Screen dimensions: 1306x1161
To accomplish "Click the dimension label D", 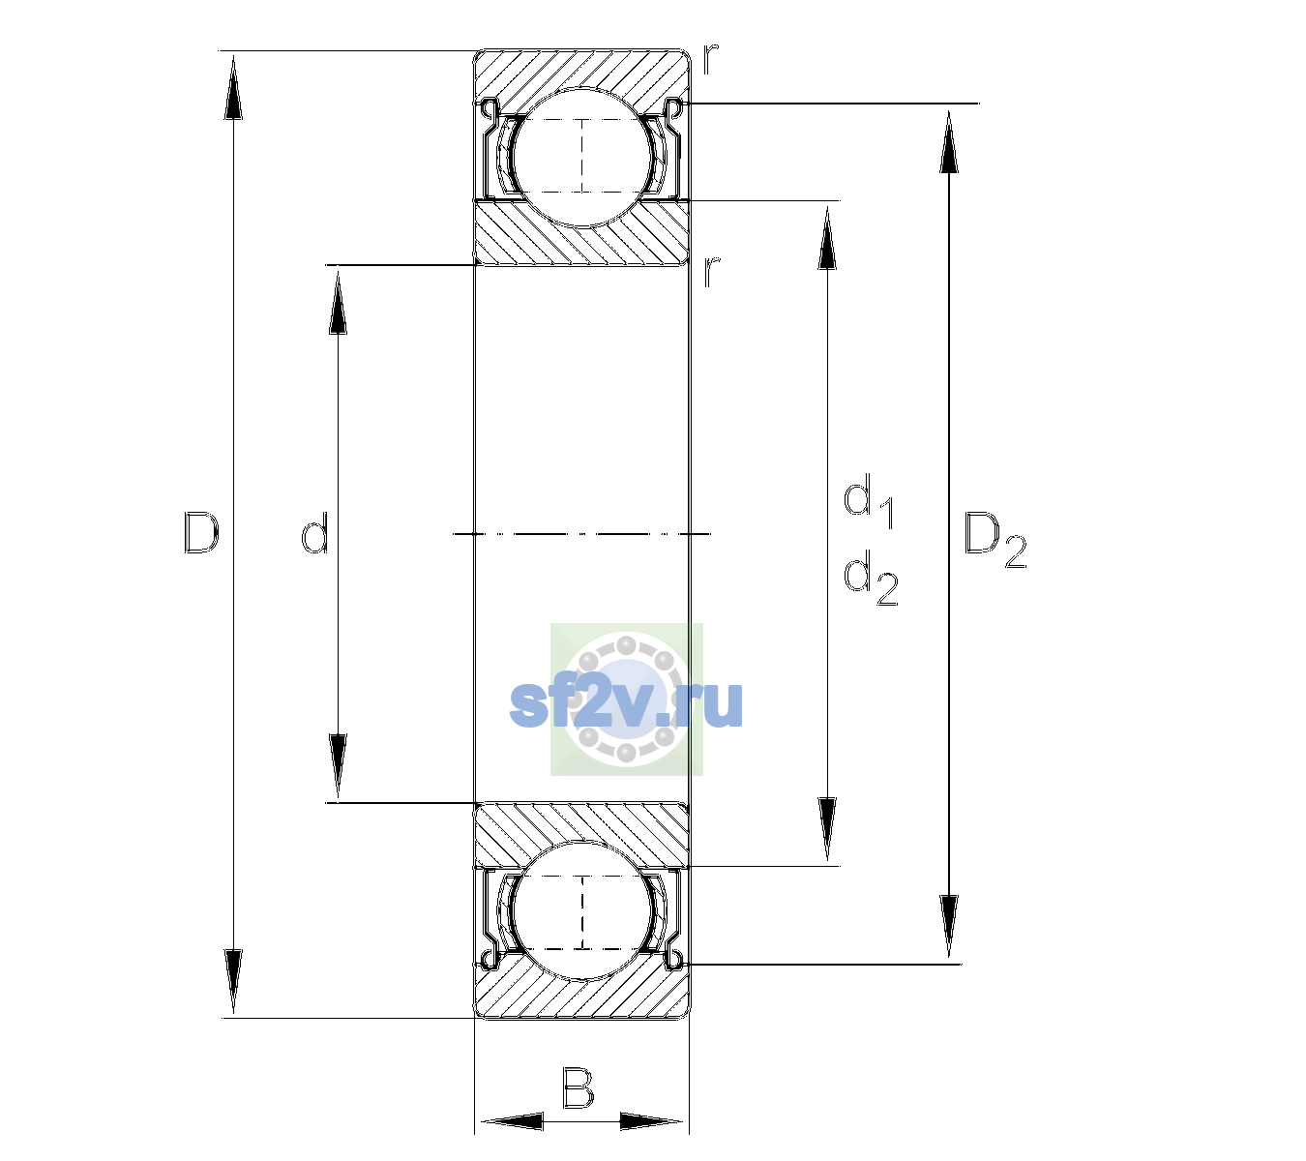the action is click(x=201, y=533).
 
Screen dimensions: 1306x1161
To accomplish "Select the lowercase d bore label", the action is click(x=315, y=533).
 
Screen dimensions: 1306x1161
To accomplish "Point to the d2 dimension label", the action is click(x=871, y=578).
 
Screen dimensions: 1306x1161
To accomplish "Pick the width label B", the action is click(x=578, y=1087).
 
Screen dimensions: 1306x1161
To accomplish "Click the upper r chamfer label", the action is click(x=711, y=59).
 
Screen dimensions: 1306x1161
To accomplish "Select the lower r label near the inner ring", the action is click(x=711, y=272).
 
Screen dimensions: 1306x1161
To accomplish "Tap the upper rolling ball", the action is click(x=582, y=158).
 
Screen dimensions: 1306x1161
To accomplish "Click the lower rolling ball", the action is click(x=582, y=910).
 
